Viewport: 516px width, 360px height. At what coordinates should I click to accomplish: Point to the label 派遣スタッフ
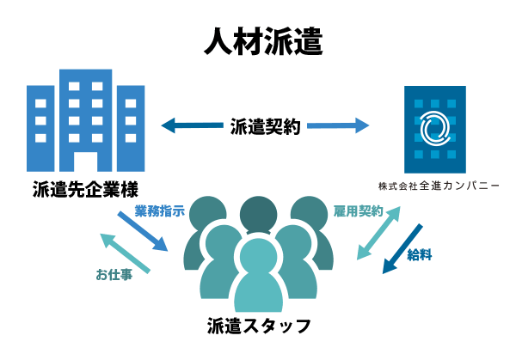pyautogui.click(x=258, y=326)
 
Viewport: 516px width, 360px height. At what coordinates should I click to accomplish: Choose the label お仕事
pyautogui.click(x=114, y=276)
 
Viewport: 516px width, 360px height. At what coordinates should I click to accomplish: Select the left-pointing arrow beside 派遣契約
pyautogui.click(x=190, y=127)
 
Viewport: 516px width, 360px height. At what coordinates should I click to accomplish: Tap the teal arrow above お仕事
pyautogui.click(x=126, y=253)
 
